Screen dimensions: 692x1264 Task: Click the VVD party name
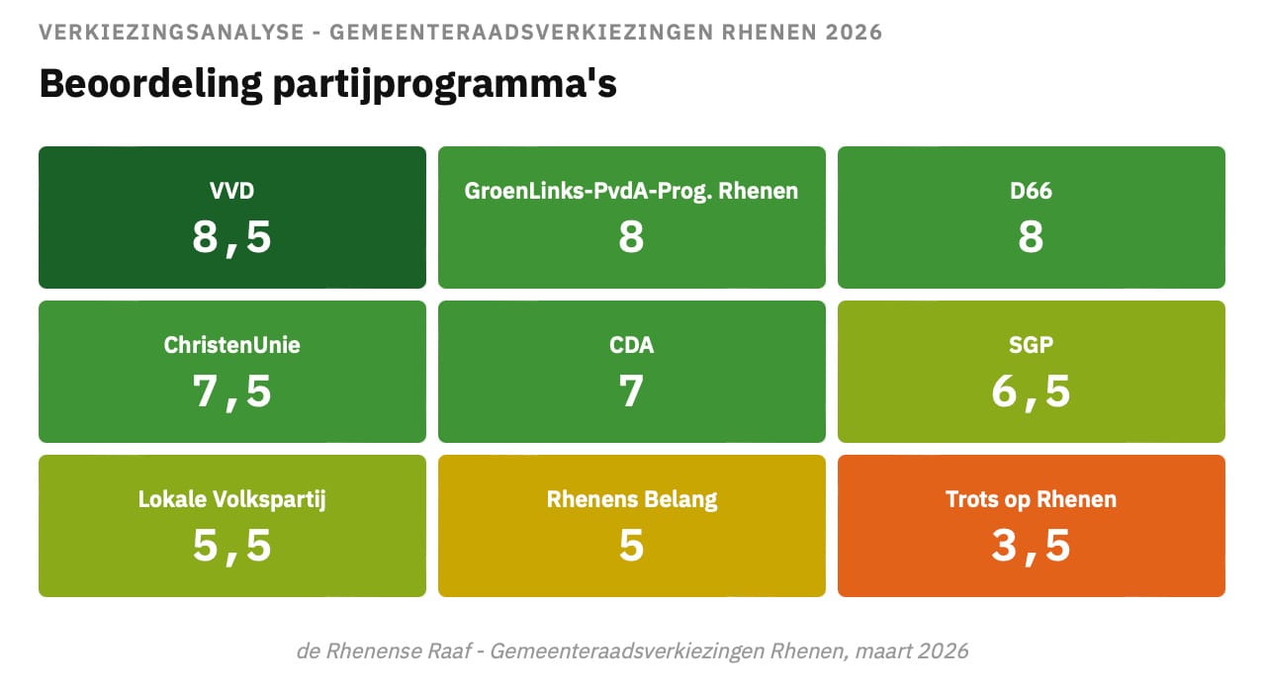tap(232, 191)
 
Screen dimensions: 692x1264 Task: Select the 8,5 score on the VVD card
tap(232, 237)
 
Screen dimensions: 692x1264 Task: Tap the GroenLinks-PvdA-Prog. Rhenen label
tap(631, 191)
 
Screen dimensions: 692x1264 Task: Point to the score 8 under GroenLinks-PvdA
tap(631, 237)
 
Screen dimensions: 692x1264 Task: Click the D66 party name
tap(1031, 191)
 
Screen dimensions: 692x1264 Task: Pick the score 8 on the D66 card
tap(1031, 237)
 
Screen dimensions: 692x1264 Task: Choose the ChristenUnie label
tap(232, 345)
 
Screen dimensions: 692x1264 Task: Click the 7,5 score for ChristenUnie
tap(232, 391)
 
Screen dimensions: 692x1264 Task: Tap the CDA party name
tap(631, 345)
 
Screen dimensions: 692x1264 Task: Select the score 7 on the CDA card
tap(631, 391)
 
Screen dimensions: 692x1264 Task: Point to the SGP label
tap(1031, 345)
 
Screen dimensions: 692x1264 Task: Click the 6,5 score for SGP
tap(1031, 391)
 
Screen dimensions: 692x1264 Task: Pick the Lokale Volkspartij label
tap(232, 499)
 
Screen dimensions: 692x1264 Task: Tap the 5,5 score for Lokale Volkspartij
tap(232, 546)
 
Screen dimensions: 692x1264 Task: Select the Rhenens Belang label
tap(631, 499)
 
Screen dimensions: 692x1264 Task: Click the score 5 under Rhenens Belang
tap(631, 546)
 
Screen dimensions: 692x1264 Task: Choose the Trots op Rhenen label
tap(1031, 499)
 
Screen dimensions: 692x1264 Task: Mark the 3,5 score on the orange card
tap(1031, 546)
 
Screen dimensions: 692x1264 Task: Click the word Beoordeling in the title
tap(145, 83)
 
